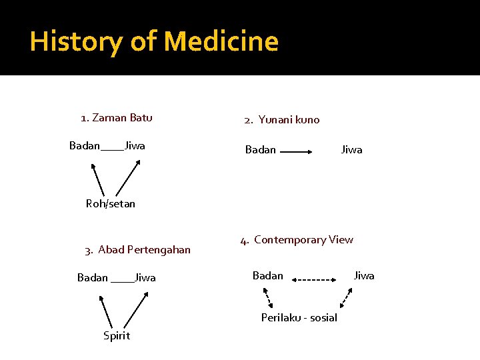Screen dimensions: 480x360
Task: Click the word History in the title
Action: coord(75,41)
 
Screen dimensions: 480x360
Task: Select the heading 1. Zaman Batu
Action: coord(117,118)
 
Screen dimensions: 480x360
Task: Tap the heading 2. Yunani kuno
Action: coord(282,120)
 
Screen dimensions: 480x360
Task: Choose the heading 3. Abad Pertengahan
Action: coord(138,250)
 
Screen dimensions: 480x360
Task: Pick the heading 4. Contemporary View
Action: coord(297,240)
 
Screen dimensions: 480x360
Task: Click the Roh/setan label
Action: coord(111,204)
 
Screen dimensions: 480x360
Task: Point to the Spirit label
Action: coord(117,335)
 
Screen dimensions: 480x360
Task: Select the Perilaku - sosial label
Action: coord(299,318)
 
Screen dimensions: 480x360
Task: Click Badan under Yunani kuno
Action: coord(261,150)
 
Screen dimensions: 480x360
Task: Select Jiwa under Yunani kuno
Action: coord(352,150)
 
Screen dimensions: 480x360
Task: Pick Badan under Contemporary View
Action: coord(268,276)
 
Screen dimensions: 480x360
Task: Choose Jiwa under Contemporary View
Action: coord(364,276)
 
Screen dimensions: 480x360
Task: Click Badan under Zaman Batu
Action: coord(85,146)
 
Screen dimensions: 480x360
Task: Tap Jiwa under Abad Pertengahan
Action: coord(145,278)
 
